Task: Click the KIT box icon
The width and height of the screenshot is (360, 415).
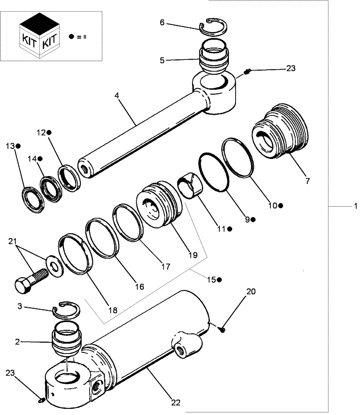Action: click(39, 36)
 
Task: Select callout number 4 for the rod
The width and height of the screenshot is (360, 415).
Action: click(117, 95)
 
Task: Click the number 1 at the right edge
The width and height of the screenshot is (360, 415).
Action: click(355, 206)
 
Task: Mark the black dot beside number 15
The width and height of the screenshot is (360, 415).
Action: click(219, 280)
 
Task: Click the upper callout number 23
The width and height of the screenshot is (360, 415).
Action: click(290, 68)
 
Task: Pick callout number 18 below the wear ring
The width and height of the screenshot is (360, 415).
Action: click(112, 310)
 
